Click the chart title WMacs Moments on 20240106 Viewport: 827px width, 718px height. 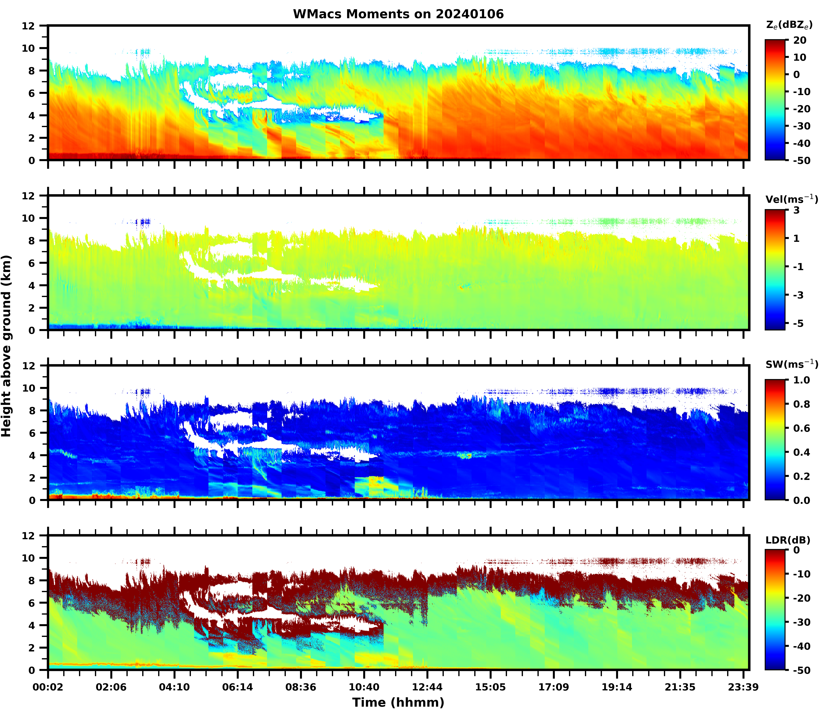(x=398, y=14)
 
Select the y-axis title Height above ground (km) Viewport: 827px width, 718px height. (x=7, y=346)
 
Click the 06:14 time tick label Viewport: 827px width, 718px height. (x=238, y=687)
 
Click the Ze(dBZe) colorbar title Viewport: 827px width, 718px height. (x=789, y=25)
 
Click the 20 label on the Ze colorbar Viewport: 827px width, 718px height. (x=799, y=41)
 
